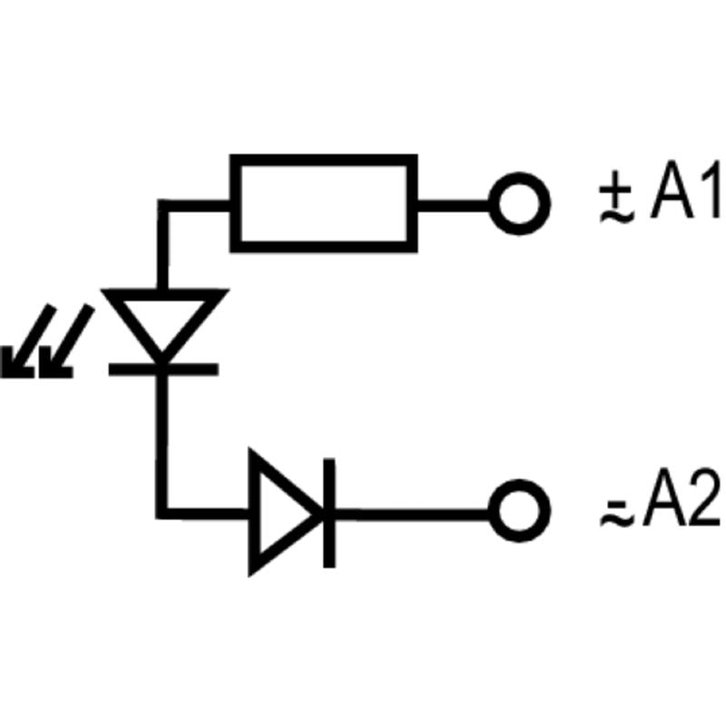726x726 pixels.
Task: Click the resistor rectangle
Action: [x=324, y=202]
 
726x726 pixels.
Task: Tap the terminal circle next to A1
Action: [x=520, y=202]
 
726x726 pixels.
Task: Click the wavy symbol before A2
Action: [x=614, y=514]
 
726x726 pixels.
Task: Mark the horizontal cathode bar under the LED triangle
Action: [x=163, y=368]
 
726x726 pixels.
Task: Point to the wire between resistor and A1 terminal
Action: [x=454, y=202]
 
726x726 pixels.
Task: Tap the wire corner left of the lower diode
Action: [x=163, y=514]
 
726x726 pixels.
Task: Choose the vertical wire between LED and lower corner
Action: [x=163, y=436]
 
